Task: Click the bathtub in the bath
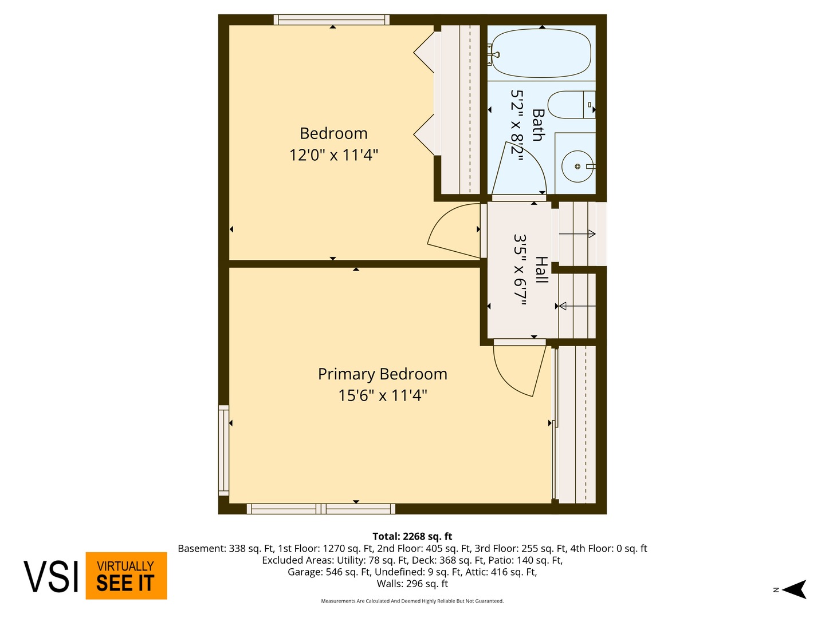tap(541, 53)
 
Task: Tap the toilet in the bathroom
tap(571, 105)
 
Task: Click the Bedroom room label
tap(333, 134)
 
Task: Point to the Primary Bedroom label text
tap(382, 374)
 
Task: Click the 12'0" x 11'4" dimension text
tap(333, 155)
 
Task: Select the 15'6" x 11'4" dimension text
tap(382, 395)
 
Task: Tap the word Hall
tap(541, 270)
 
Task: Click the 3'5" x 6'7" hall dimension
tap(520, 270)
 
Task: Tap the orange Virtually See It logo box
tap(126, 576)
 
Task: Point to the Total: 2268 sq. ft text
tap(412, 537)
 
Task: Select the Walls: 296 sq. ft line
tap(412, 584)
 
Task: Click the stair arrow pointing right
tap(577, 233)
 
